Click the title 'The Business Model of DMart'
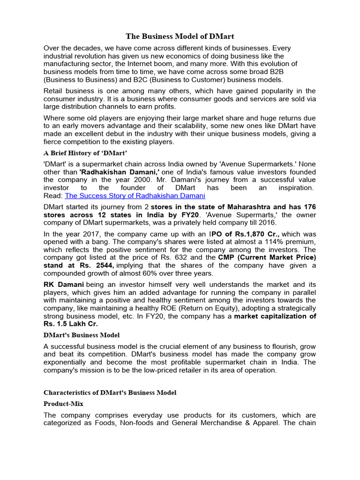tap(180, 36)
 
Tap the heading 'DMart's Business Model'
tap(82, 335)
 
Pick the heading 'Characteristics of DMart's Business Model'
tap(110, 392)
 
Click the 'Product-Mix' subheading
tap(63, 403)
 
